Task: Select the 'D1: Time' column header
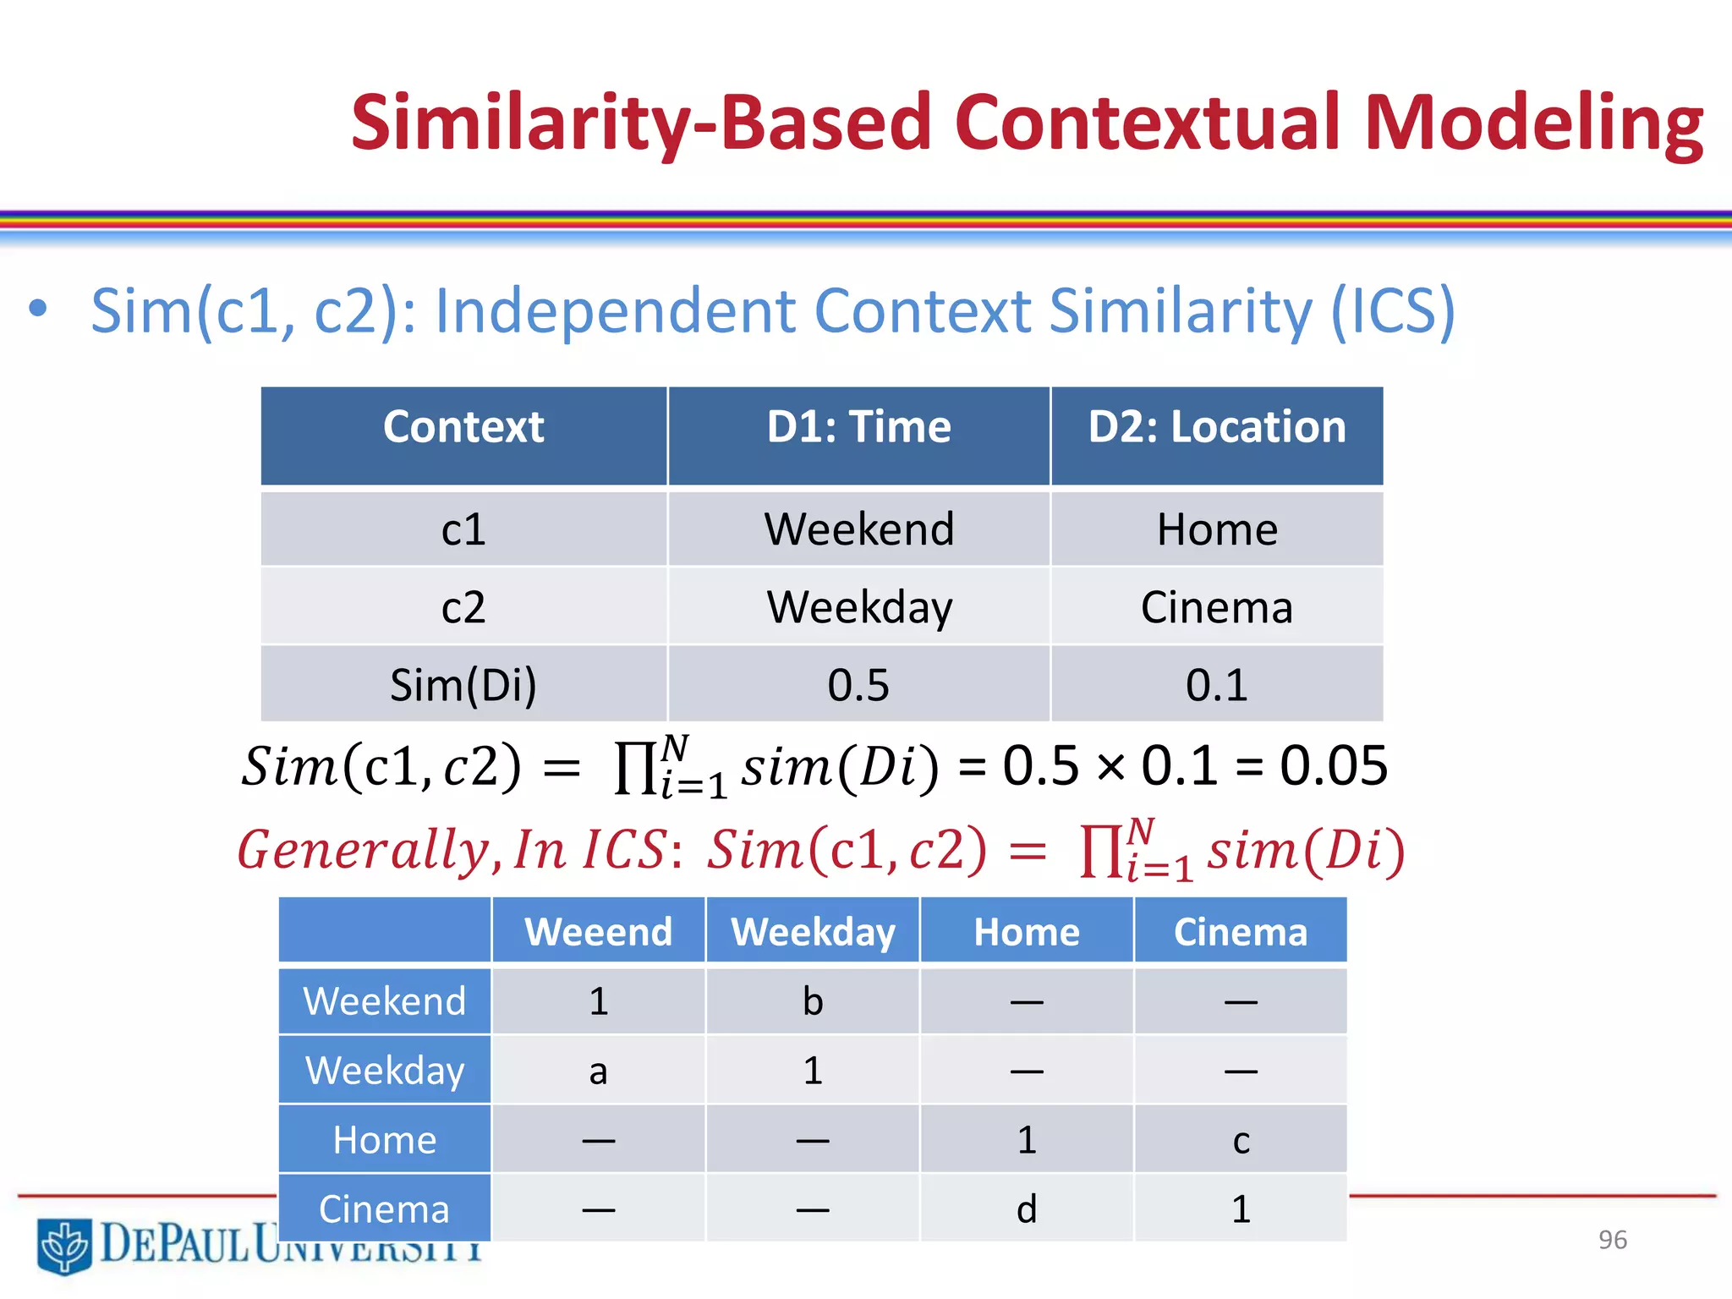click(858, 427)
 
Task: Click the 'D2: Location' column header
click(1216, 427)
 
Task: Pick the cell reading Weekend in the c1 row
click(858, 530)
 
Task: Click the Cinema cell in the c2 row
click(1216, 607)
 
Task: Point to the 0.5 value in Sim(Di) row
click(858, 685)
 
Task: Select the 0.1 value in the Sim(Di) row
click(1216, 685)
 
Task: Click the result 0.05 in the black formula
click(1333, 766)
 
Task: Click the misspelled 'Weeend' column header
click(598, 932)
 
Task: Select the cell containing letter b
click(813, 1002)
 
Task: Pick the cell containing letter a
click(598, 1072)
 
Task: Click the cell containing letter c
click(1241, 1141)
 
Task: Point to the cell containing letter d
click(1026, 1209)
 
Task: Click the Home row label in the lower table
click(385, 1140)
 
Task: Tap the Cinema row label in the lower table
click(385, 1209)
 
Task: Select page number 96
click(1612, 1240)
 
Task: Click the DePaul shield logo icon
click(64, 1245)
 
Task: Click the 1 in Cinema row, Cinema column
click(1241, 1209)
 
